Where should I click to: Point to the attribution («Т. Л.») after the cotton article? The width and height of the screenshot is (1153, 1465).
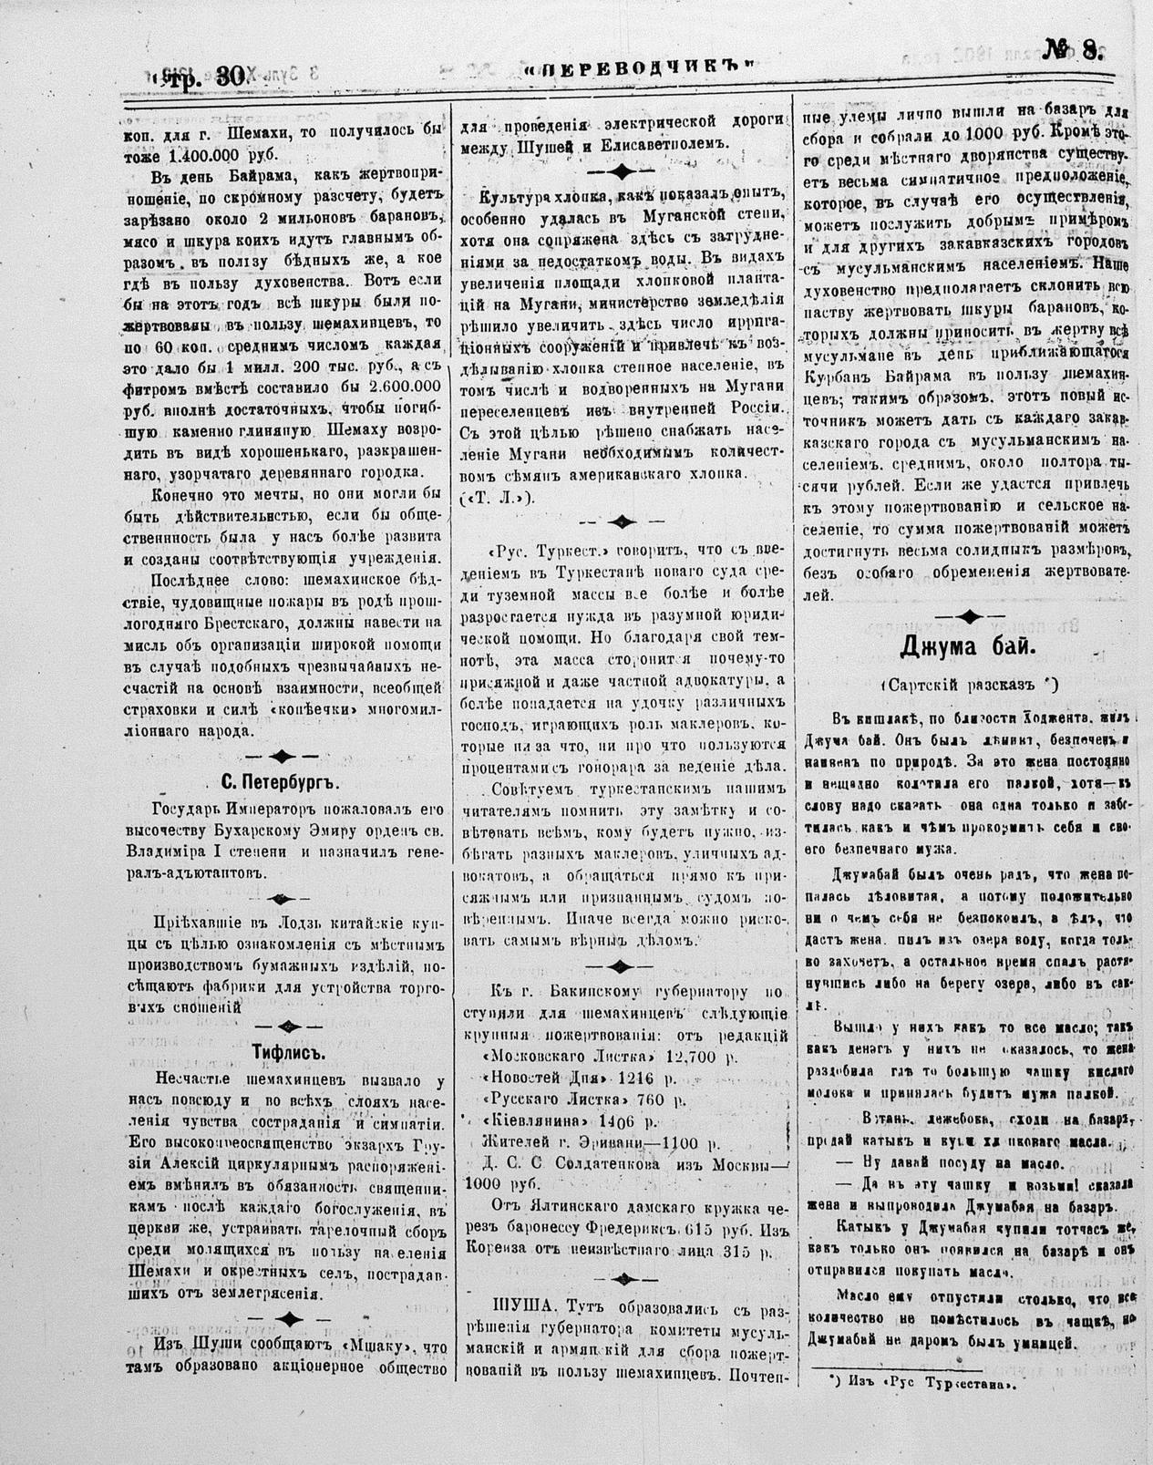click(x=498, y=496)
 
